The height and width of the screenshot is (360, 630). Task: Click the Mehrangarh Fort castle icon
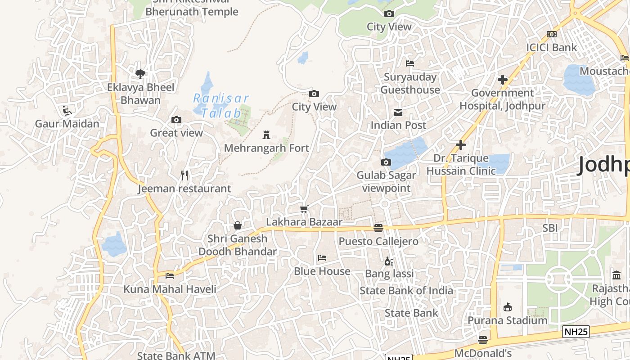click(267, 135)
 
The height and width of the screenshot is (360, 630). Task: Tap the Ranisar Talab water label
click(220, 105)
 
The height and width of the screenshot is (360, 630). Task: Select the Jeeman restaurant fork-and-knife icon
click(184, 175)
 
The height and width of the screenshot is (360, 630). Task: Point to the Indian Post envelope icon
click(398, 112)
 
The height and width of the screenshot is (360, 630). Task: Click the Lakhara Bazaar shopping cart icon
click(304, 209)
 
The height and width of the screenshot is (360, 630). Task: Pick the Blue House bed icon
click(322, 258)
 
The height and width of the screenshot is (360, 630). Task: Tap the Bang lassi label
click(389, 274)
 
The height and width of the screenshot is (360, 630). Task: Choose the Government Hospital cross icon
click(503, 80)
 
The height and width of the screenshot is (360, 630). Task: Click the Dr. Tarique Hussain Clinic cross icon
click(460, 145)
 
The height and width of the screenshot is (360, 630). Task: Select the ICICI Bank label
click(551, 47)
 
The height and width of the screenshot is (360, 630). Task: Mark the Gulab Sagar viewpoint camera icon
click(386, 162)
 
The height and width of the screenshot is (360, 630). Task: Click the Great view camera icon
click(176, 120)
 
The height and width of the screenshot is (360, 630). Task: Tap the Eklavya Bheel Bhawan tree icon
click(140, 74)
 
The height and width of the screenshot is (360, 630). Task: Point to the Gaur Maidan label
click(67, 123)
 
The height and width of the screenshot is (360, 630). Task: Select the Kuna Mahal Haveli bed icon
click(170, 275)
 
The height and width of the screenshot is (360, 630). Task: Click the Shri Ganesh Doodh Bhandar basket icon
click(238, 225)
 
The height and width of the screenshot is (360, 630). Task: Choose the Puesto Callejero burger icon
click(378, 228)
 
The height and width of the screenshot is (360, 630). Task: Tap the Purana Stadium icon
click(508, 307)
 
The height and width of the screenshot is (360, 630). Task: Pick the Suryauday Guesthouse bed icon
click(409, 63)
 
